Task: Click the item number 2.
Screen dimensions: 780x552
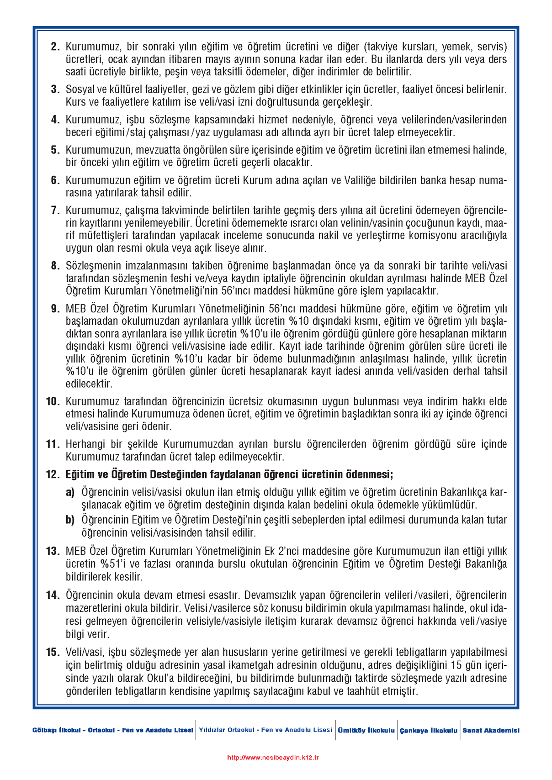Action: [55, 47]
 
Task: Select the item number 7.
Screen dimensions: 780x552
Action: [55, 211]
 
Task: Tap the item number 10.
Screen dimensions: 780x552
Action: [53, 401]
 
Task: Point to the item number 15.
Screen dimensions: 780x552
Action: [53, 652]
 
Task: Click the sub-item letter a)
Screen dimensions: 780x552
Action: [70, 492]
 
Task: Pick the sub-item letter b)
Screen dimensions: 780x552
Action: [70, 520]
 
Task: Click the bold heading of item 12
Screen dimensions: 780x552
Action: [229, 474]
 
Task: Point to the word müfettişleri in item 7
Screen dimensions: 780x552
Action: [94, 236]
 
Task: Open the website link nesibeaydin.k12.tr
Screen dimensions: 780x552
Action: [273, 758]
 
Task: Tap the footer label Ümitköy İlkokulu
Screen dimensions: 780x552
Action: [366, 730]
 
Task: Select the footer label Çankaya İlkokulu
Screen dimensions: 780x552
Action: [428, 730]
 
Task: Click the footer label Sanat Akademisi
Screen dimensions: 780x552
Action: [491, 730]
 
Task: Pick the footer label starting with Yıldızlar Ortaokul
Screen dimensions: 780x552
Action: [265, 730]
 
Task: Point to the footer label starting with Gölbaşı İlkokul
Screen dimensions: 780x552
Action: [112, 730]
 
